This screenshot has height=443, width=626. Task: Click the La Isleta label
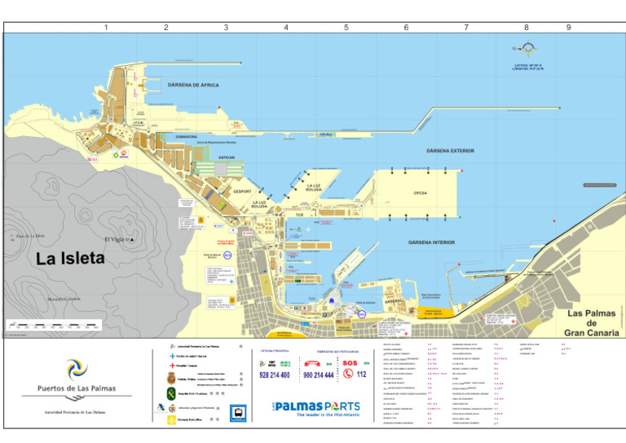[70, 259]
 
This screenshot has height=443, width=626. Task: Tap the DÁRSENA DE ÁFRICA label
[193, 85]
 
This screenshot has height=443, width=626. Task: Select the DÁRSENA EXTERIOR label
[450, 151]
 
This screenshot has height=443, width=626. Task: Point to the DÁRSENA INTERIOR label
[431, 242]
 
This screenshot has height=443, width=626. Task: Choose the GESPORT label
[243, 192]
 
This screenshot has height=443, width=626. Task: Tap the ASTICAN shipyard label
[227, 157]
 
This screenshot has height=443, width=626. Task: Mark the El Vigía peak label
[117, 239]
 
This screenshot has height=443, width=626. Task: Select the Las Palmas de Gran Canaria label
[593, 323]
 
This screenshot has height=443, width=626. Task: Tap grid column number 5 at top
[346, 28]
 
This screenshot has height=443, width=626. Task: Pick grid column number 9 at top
[568, 28]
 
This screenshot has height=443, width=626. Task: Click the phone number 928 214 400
[274, 375]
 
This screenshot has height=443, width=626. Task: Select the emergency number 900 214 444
[318, 375]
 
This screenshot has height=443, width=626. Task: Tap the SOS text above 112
[350, 363]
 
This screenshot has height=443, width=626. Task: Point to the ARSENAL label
[394, 301]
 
